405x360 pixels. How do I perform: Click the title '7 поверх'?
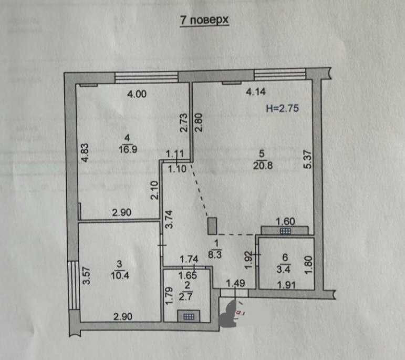[204, 20]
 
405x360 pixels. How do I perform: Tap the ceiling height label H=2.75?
[282, 108]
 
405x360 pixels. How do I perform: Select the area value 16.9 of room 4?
[128, 149]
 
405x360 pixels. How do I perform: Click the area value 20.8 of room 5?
[263, 166]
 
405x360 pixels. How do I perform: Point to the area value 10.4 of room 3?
[120, 275]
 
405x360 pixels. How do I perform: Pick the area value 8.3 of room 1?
[215, 255]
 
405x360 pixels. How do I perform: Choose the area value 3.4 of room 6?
[283, 269]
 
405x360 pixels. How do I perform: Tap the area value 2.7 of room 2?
[186, 296]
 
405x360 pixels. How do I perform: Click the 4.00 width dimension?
[137, 94]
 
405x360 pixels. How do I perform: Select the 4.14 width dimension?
[256, 92]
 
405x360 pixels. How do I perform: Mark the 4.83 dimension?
[85, 153]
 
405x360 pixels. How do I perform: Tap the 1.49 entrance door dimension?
[235, 283]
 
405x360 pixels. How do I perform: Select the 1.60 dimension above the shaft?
[285, 221]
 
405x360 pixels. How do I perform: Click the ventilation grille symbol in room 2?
[189, 316]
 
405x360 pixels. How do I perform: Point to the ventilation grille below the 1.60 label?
[285, 231]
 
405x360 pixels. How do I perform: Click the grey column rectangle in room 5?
[212, 226]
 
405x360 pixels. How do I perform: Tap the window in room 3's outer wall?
[74, 285]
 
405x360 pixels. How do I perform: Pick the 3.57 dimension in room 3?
[87, 276]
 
